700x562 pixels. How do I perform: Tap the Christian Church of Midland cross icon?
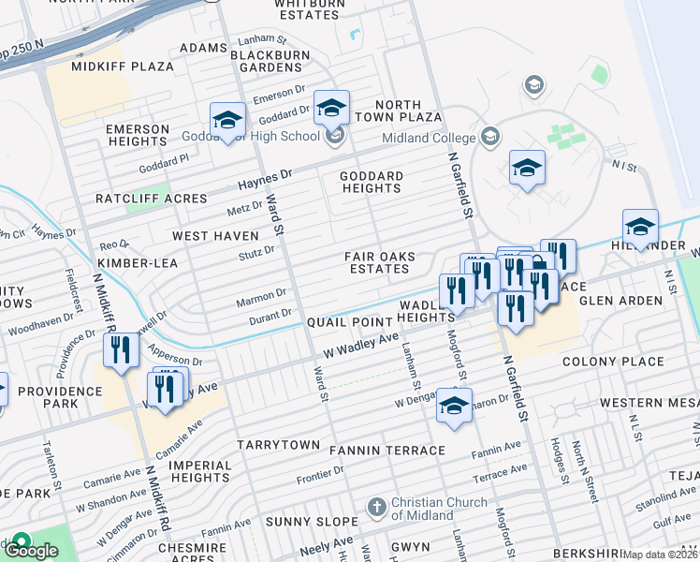[x=376, y=508]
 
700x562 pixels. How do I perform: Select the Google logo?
[x=32, y=550]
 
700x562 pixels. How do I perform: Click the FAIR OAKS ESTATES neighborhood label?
[x=377, y=262]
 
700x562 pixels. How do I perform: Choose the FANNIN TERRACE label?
[x=387, y=451]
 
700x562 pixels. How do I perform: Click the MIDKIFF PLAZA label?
[x=123, y=67]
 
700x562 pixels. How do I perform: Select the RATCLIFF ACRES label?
[x=151, y=199]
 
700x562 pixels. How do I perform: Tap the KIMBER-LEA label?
[x=138, y=263]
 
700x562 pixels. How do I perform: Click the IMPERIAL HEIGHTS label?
[x=188, y=471]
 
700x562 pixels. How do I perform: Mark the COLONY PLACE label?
[x=613, y=362]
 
